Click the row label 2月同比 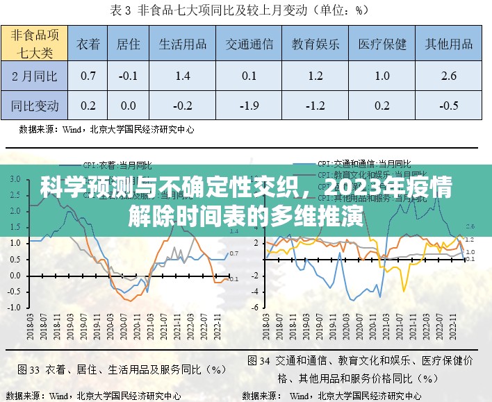[x=35, y=76]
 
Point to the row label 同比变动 [x=35, y=106]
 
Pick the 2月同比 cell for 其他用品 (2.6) [x=449, y=76]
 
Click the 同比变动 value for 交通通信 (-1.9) [x=249, y=106]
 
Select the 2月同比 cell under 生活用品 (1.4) [x=183, y=76]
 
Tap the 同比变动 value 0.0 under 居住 [x=128, y=106]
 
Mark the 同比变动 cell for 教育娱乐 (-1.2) [x=316, y=106]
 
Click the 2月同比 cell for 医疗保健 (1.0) [x=382, y=76]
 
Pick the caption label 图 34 [x=260, y=361]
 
